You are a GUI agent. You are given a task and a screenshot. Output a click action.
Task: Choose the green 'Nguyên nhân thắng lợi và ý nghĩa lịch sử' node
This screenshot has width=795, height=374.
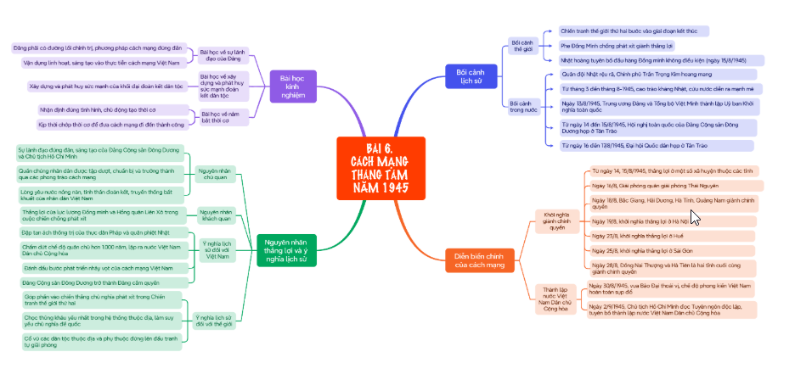pyautogui.click(x=286, y=246)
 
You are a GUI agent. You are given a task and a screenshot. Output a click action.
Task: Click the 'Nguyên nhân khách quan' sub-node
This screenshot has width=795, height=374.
pyautogui.click(x=215, y=215)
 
